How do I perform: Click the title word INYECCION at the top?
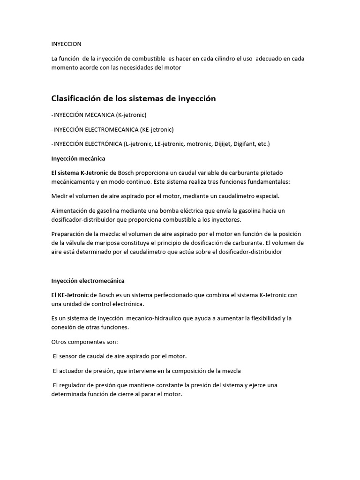tap(66, 44)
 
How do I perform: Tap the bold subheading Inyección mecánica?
tap(78, 158)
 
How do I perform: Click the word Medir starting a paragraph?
tap(59, 196)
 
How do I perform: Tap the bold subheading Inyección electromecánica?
tap(88, 281)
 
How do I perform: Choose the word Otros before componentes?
tap(60, 342)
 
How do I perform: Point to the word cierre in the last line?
tap(130, 394)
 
